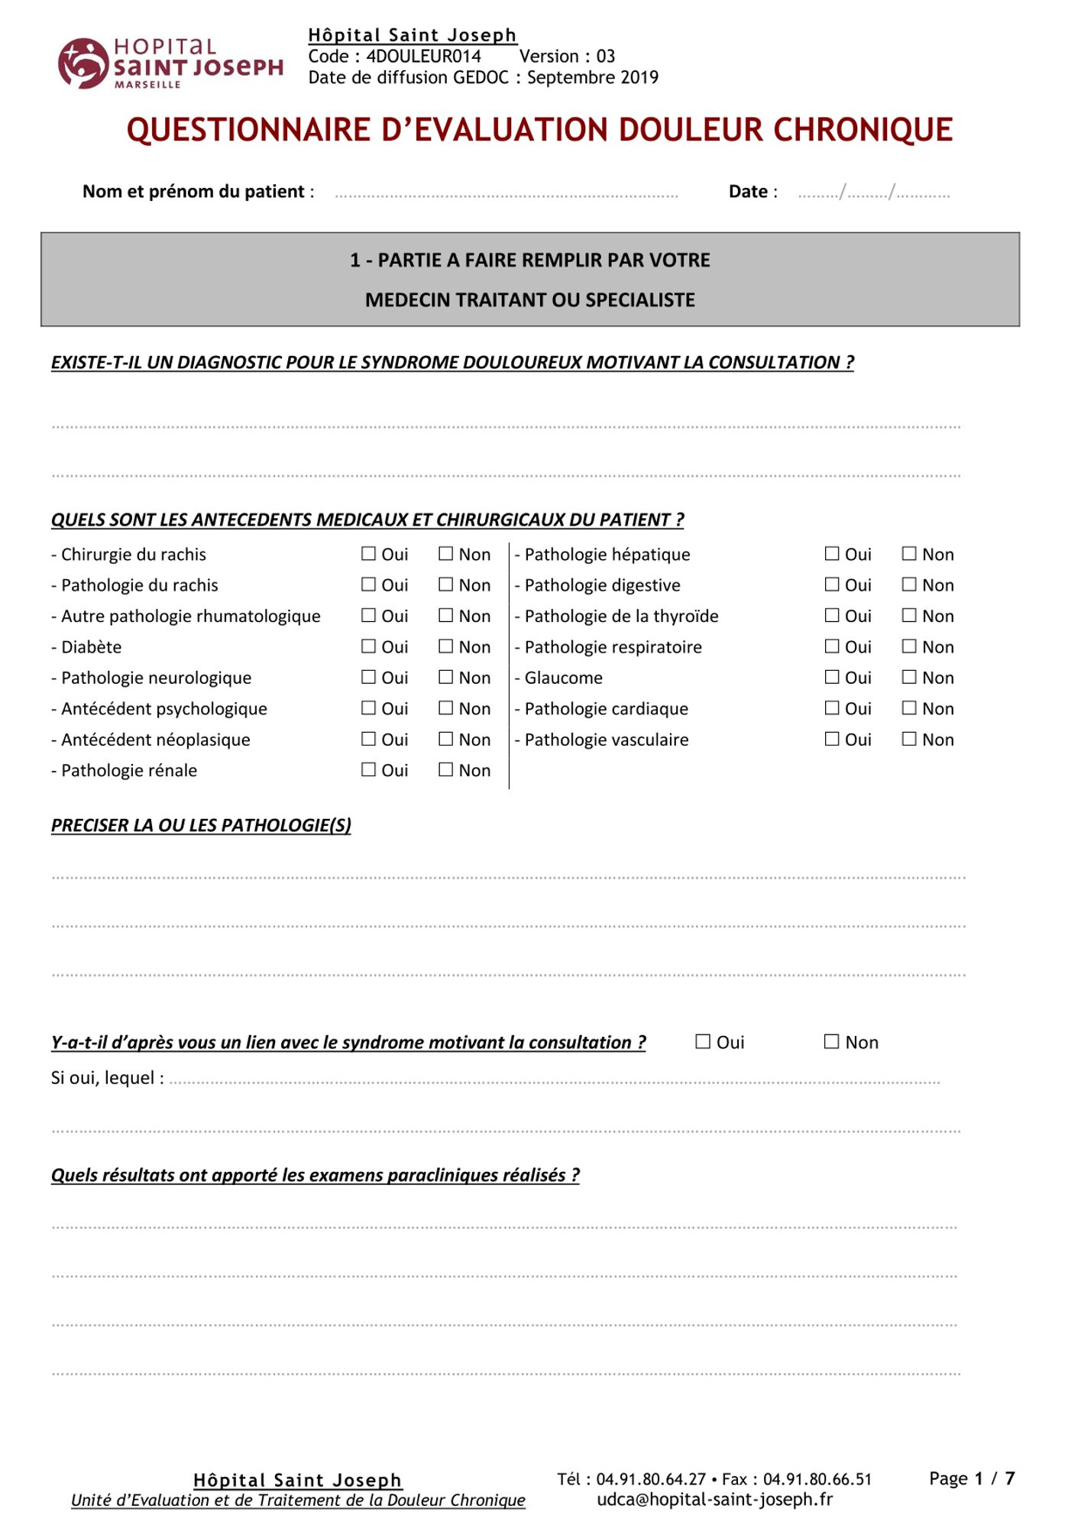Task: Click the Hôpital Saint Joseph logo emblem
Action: (x=82, y=63)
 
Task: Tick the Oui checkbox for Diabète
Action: (x=369, y=646)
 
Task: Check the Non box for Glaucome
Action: (x=909, y=677)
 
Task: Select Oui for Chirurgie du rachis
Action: (x=369, y=554)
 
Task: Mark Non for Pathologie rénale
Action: (x=446, y=769)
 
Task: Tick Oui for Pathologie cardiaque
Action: (x=832, y=708)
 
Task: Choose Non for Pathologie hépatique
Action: (x=909, y=554)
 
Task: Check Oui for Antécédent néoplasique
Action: (x=369, y=739)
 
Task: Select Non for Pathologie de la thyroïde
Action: (x=909, y=616)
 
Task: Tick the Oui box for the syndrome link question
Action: (x=703, y=1041)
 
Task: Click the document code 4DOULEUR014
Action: (x=423, y=57)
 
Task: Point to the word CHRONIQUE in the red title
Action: (x=863, y=130)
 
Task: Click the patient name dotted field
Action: (x=506, y=194)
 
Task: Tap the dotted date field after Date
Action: (x=873, y=194)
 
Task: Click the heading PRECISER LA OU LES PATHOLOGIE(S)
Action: (x=201, y=825)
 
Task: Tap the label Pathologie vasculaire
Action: (x=606, y=740)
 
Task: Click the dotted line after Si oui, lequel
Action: (x=554, y=1080)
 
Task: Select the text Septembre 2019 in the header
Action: (x=592, y=78)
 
